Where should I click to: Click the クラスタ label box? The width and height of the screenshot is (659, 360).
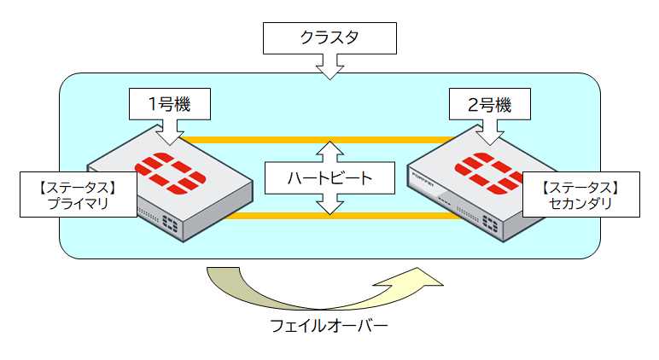(x=329, y=38)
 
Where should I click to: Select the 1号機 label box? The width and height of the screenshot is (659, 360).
(x=168, y=104)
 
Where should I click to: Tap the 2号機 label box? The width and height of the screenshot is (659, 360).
(x=491, y=104)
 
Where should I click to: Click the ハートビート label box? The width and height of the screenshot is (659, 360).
(x=329, y=178)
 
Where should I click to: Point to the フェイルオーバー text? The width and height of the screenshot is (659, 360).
(x=329, y=326)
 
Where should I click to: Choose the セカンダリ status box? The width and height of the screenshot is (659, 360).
(x=580, y=195)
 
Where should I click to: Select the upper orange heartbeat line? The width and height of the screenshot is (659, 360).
(x=316, y=138)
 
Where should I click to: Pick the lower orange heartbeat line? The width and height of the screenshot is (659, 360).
(x=316, y=216)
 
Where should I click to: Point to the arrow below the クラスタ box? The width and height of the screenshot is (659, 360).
(x=329, y=67)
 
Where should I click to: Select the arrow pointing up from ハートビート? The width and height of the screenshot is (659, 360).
(x=329, y=152)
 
